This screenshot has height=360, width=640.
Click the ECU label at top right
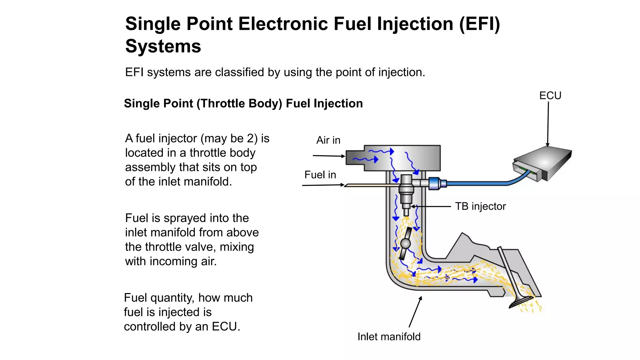(550, 95)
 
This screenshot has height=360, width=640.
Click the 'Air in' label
(328, 140)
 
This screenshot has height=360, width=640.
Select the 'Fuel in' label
(320, 175)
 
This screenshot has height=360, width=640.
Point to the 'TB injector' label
(480, 206)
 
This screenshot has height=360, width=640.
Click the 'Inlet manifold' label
(389, 337)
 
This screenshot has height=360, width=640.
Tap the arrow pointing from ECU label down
(548, 125)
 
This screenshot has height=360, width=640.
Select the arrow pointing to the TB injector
(431, 207)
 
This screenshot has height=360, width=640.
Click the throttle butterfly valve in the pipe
(405, 243)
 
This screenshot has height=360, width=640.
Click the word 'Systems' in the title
(163, 46)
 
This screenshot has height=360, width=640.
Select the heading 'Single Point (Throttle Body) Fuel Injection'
(243, 103)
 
